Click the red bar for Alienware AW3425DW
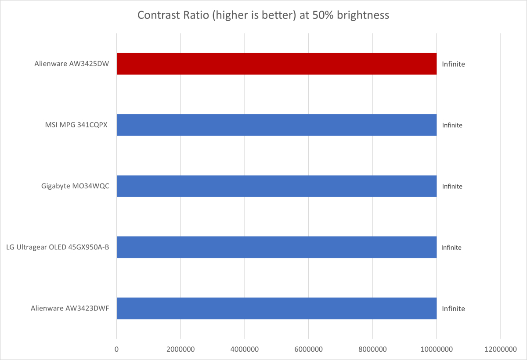277,64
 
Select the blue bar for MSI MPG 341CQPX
277,125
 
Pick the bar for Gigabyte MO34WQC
277,186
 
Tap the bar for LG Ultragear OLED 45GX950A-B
277,247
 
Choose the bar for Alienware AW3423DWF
277,308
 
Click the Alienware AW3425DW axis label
72,64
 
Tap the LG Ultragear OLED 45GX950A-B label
58,247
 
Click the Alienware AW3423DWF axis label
70,309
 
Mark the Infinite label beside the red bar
453,64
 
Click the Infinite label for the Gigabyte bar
452,186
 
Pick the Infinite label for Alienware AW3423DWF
453,309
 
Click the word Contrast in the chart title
156,15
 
